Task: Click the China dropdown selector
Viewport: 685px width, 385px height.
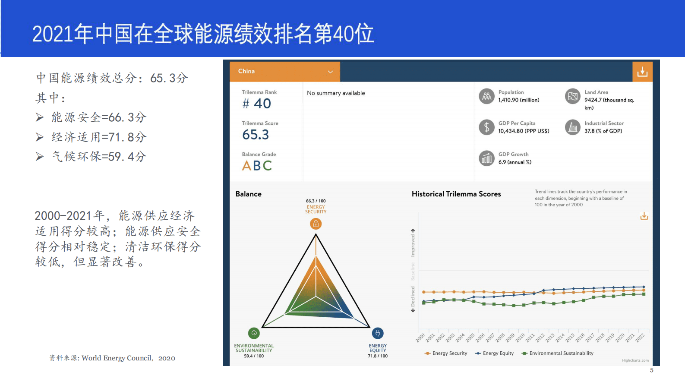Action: (x=285, y=72)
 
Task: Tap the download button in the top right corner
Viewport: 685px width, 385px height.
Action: (x=642, y=72)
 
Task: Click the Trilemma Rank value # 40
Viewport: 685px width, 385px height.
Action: (x=257, y=104)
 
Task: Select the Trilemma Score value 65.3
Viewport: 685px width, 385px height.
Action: (x=256, y=135)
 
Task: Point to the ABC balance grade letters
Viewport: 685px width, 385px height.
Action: (x=257, y=166)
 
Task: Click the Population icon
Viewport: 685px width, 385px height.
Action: (x=486, y=96)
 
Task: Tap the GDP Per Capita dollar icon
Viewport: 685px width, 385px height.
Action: (x=486, y=127)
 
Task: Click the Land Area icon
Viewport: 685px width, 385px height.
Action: (x=573, y=96)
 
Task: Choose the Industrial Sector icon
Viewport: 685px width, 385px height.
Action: (x=573, y=127)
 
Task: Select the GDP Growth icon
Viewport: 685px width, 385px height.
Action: (x=486, y=158)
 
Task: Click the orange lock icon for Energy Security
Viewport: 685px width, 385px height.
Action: (x=316, y=224)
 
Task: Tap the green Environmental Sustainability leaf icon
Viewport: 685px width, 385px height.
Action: (x=254, y=333)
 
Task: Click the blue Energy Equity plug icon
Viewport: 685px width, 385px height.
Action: (x=378, y=333)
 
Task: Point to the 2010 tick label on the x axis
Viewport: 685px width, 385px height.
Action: (x=520, y=337)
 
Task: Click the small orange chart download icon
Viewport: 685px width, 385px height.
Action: (x=644, y=216)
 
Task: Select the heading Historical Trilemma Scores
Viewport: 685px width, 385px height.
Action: (x=456, y=194)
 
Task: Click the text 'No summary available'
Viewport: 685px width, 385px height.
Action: (x=336, y=93)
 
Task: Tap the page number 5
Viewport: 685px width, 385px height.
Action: (x=652, y=370)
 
